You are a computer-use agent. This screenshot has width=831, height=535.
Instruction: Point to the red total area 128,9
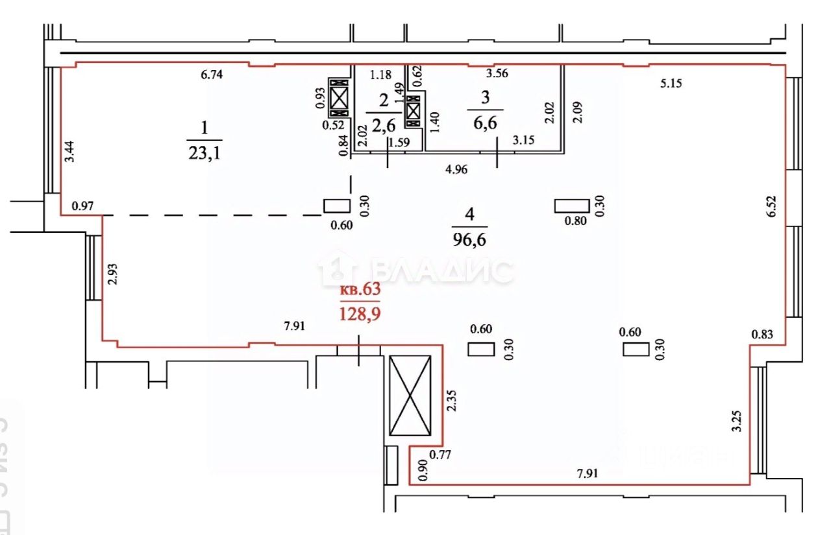[x=360, y=315]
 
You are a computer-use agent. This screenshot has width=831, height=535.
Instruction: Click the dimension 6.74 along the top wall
[x=212, y=75]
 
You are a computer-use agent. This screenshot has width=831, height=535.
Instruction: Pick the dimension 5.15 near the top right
[x=673, y=83]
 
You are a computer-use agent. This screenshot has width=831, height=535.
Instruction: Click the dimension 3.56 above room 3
[x=497, y=73]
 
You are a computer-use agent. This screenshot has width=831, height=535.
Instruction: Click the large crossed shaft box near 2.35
[x=410, y=396]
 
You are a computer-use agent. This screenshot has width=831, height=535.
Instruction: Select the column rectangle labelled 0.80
[x=572, y=206]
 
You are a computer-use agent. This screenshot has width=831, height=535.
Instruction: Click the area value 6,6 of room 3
[x=486, y=123]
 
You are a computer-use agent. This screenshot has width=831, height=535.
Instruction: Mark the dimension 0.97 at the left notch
[x=82, y=206]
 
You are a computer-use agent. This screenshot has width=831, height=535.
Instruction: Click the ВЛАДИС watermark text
[x=441, y=270]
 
